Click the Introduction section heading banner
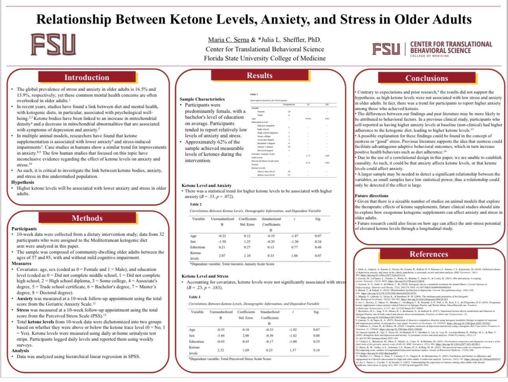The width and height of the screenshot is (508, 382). pos(87,78)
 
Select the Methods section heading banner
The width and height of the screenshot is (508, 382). pos(87,218)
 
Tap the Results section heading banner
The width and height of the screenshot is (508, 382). pos(260,75)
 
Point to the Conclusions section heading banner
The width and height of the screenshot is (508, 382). pos(426,78)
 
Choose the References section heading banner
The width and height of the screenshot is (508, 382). pos(428,254)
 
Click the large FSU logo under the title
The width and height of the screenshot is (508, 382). pos(53,44)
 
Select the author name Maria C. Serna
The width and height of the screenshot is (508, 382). pos(228,40)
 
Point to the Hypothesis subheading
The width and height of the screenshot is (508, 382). pos(22,182)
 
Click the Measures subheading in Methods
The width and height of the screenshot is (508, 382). pos(21,263)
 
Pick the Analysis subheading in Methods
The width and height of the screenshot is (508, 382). pos(20,350)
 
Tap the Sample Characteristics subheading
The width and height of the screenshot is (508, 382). pos(202,99)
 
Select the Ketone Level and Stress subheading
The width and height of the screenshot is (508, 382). pos(205,276)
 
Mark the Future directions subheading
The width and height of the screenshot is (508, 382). pos(371,196)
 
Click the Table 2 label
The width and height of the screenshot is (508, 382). pos(195,204)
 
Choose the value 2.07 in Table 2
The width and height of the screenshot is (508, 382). pos(222,255)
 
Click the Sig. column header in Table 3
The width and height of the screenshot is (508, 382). pos(316,312)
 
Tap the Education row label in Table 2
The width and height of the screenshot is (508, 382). pos(197,247)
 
